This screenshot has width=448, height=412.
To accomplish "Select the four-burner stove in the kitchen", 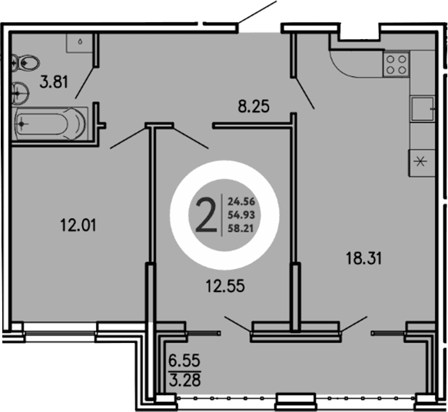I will [x=396, y=64].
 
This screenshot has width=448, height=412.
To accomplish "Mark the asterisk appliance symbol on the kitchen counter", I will [x=420, y=161].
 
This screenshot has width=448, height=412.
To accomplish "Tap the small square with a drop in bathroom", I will [x=80, y=42].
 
